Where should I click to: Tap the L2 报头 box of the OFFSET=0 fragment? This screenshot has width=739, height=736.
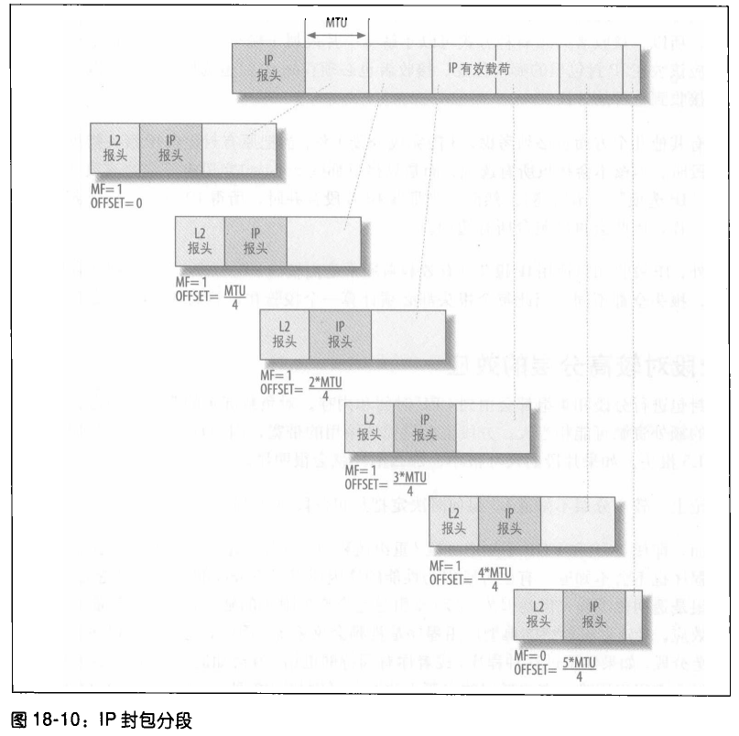point(114,147)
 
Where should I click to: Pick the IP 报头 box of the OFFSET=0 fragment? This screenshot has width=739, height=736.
point(170,147)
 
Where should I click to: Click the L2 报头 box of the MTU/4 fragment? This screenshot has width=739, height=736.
point(199,243)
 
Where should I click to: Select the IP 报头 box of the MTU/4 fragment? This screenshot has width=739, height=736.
point(255,243)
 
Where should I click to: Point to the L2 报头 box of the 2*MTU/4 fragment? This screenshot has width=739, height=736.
point(285,335)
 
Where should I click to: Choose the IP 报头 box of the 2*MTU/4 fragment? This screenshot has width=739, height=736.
point(341,335)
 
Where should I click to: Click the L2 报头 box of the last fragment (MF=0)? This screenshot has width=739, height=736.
point(538,613)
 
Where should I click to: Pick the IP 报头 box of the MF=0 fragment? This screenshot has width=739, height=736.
point(594,613)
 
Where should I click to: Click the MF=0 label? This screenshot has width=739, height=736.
point(532,656)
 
